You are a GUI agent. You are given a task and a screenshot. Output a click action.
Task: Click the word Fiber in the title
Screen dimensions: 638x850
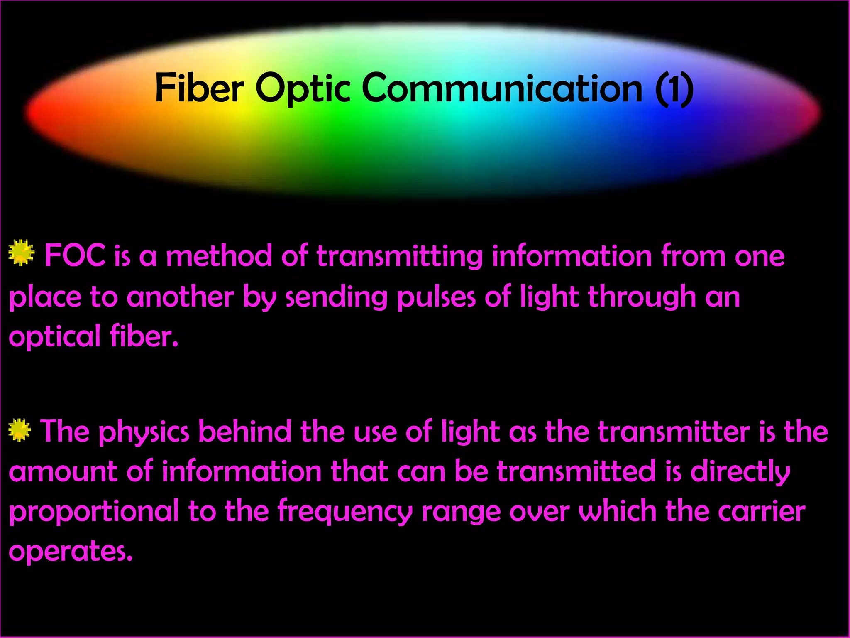click(199, 88)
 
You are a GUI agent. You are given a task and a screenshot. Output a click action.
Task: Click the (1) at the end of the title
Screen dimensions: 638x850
click(674, 89)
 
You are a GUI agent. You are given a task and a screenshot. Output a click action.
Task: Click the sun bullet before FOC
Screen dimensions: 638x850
click(21, 252)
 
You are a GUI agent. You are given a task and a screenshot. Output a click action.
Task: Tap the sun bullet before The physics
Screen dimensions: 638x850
click(20, 430)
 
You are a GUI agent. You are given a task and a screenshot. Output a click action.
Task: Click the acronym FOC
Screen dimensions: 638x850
click(75, 255)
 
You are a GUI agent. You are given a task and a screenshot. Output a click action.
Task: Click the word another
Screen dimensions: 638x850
click(180, 297)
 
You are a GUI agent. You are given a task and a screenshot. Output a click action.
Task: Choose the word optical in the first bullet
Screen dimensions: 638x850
click(54, 337)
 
